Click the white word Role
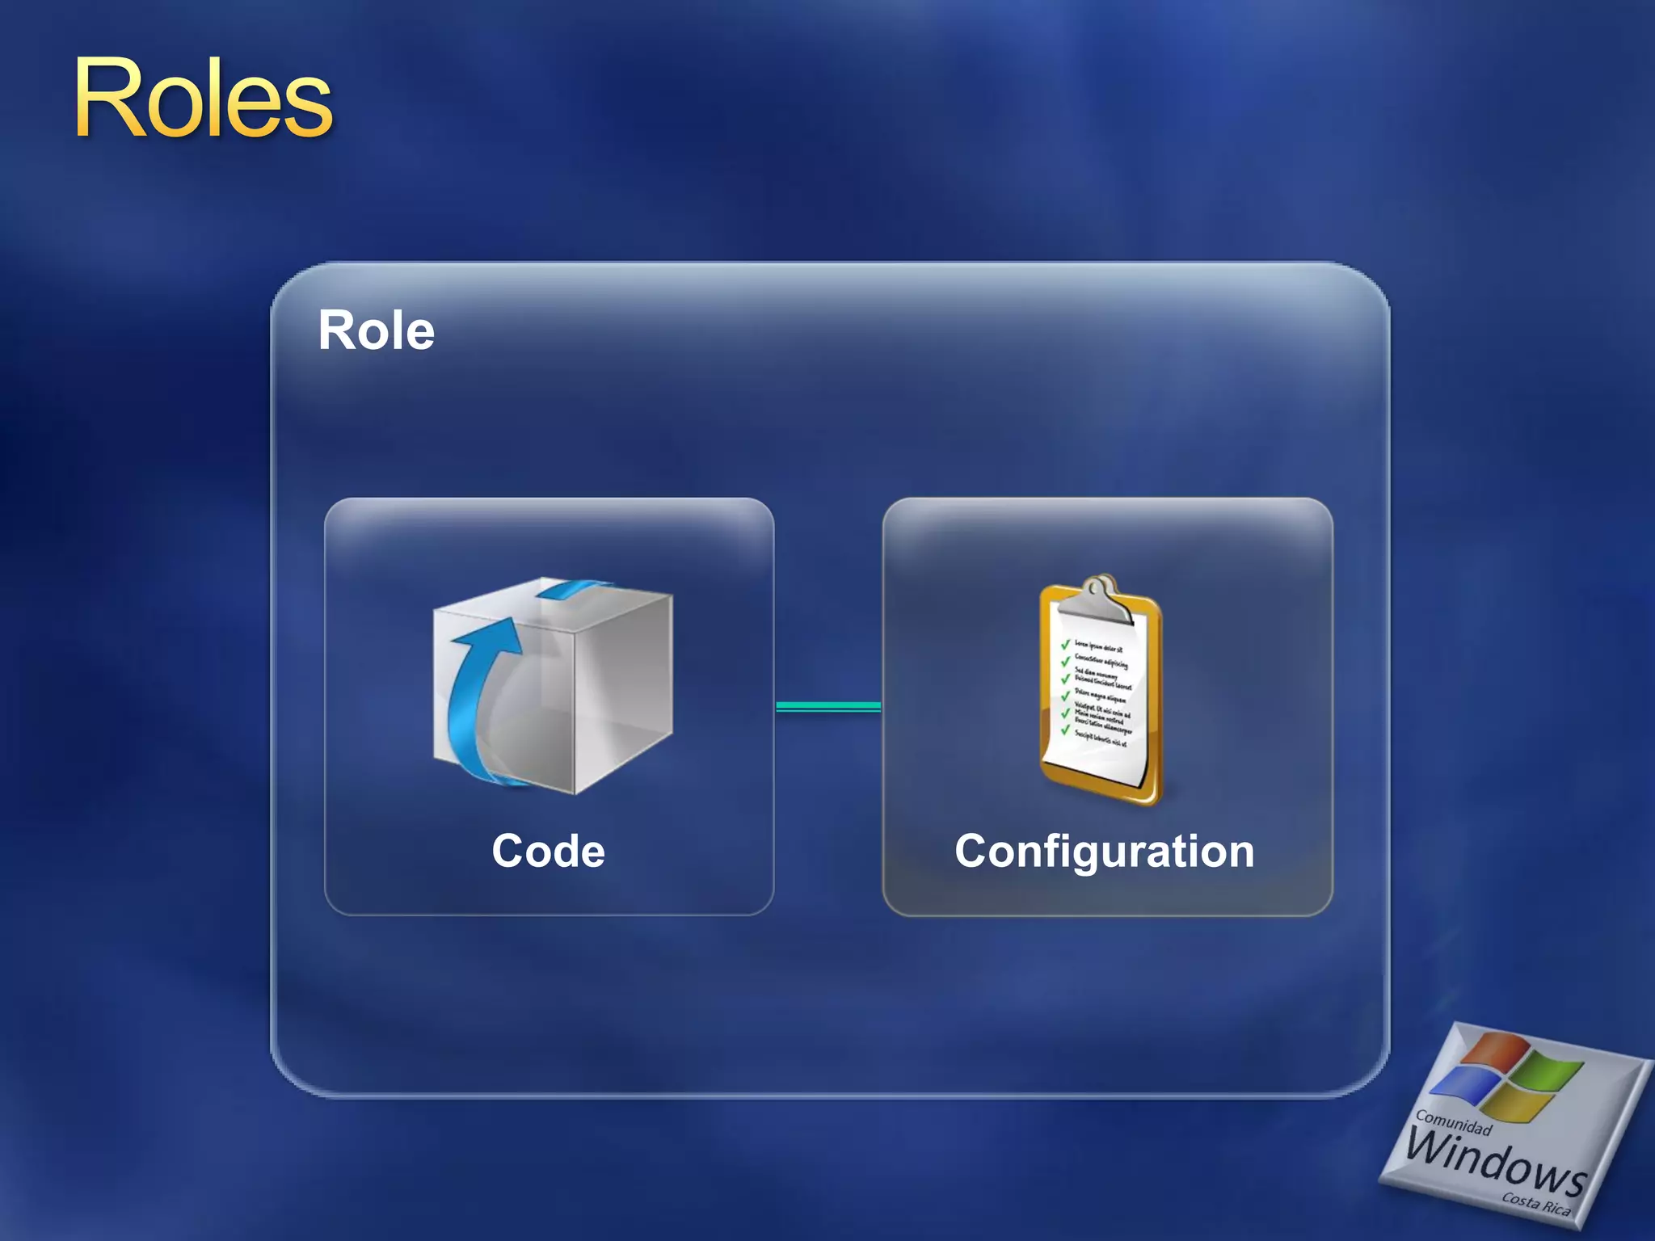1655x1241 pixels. coord(376,330)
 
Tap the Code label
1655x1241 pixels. coord(548,851)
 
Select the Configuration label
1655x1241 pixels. coord(1104,851)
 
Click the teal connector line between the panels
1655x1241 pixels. coord(828,706)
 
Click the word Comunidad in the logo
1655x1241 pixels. coord(1453,1123)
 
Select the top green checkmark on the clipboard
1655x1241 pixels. coord(1065,644)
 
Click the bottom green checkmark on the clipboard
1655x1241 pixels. coord(1065,730)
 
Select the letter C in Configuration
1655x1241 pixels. coord(973,851)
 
